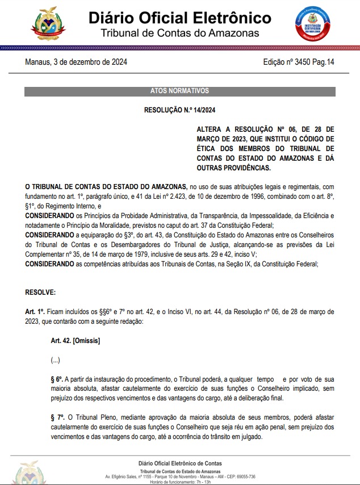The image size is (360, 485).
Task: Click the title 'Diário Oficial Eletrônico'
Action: click(179, 18)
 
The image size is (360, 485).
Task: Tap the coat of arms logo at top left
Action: click(52, 23)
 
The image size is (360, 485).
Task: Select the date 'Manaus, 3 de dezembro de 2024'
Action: click(76, 62)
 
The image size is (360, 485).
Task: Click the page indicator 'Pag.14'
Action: click(321, 62)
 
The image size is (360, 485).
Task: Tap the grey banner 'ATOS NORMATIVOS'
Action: click(179, 91)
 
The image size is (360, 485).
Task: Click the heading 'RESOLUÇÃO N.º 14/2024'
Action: click(179, 110)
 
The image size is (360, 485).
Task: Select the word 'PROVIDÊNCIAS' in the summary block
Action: click(246, 168)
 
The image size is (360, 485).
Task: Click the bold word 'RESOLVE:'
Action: click(40, 292)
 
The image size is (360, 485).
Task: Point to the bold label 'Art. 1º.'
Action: click(35, 312)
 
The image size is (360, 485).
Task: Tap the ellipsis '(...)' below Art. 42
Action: click(56, 360)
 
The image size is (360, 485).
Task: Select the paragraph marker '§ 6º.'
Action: click(57, 379)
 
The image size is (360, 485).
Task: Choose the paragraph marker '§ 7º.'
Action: click(57, 417)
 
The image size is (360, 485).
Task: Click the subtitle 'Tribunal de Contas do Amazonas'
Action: click(179, 33)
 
